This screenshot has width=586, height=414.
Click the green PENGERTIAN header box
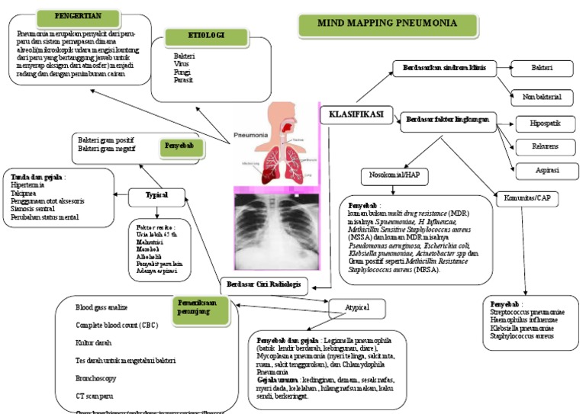[79, 16]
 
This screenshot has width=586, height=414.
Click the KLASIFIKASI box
[356, 115]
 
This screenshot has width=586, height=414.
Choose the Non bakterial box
[542, 97]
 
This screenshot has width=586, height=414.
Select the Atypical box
[359, 308]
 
